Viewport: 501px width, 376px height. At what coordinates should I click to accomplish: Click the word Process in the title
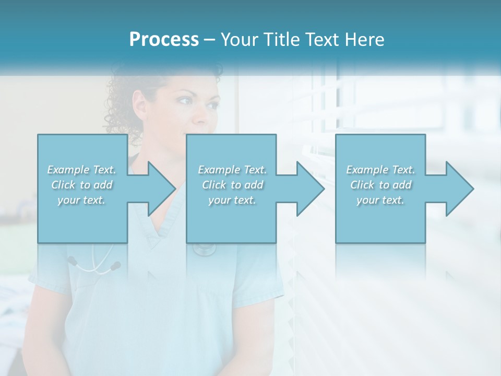tap(164, 40)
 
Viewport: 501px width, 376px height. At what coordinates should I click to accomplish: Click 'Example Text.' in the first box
tap(82, 170)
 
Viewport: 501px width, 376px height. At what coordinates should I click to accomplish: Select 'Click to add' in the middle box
tap(232, 185)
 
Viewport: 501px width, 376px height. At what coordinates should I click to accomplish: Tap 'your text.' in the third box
tap(380, 200)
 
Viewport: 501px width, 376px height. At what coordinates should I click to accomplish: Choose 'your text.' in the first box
tap(82, 200)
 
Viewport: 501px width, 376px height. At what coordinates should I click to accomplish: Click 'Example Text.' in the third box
tap(380, 170)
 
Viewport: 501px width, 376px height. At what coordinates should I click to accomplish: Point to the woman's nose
tap(201, 114)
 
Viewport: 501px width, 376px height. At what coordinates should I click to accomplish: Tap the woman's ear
tap(140, 104)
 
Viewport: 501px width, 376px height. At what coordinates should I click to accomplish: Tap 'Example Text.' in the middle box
tap(232, 170)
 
